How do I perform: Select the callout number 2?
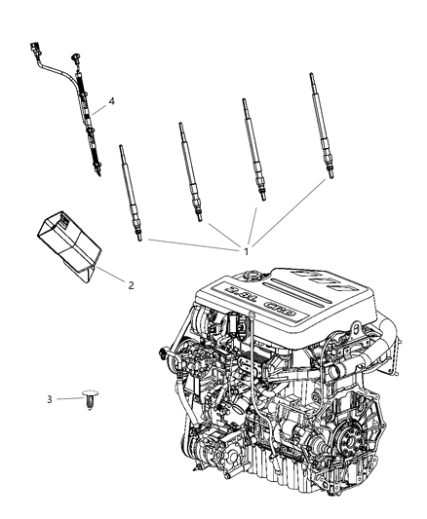[x=130, y=284]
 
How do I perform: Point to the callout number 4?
[x=112, y=100]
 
